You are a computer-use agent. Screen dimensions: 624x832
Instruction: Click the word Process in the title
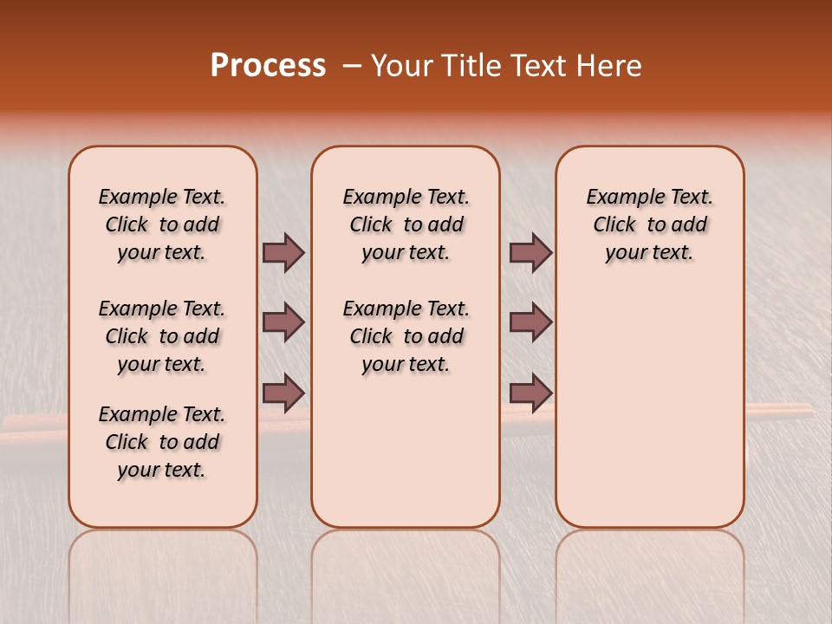[x=268, y=66]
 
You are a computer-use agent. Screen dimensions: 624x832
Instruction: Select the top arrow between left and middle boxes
[x=283, y=252]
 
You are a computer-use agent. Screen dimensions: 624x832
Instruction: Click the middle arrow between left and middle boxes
[x=283, y=322]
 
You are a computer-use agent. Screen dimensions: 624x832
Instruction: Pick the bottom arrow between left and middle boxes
[x=283, y=393]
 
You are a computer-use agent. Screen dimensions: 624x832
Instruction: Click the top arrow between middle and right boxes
[x=530, y=252]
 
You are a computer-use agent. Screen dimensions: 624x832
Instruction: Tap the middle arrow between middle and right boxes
[x=530, y=322]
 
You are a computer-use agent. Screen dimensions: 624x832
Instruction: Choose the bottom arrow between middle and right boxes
[x=530, y=393]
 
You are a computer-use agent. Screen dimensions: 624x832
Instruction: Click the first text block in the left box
[x=162, y=224]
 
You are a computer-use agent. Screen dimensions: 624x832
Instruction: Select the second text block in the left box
[x=162, y=336]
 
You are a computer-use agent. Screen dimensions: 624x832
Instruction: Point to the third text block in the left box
[x=162, y=442]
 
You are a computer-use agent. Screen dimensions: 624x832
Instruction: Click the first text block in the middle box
[x=406, y=224]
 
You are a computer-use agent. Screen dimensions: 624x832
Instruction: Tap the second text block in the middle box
[x=406, y=336]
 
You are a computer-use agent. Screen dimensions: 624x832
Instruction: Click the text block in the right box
[x=649, y=224]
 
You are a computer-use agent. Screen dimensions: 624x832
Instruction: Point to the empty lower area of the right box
[x=649, y=407]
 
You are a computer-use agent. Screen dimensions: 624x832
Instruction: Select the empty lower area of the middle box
[x=406, y=451]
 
